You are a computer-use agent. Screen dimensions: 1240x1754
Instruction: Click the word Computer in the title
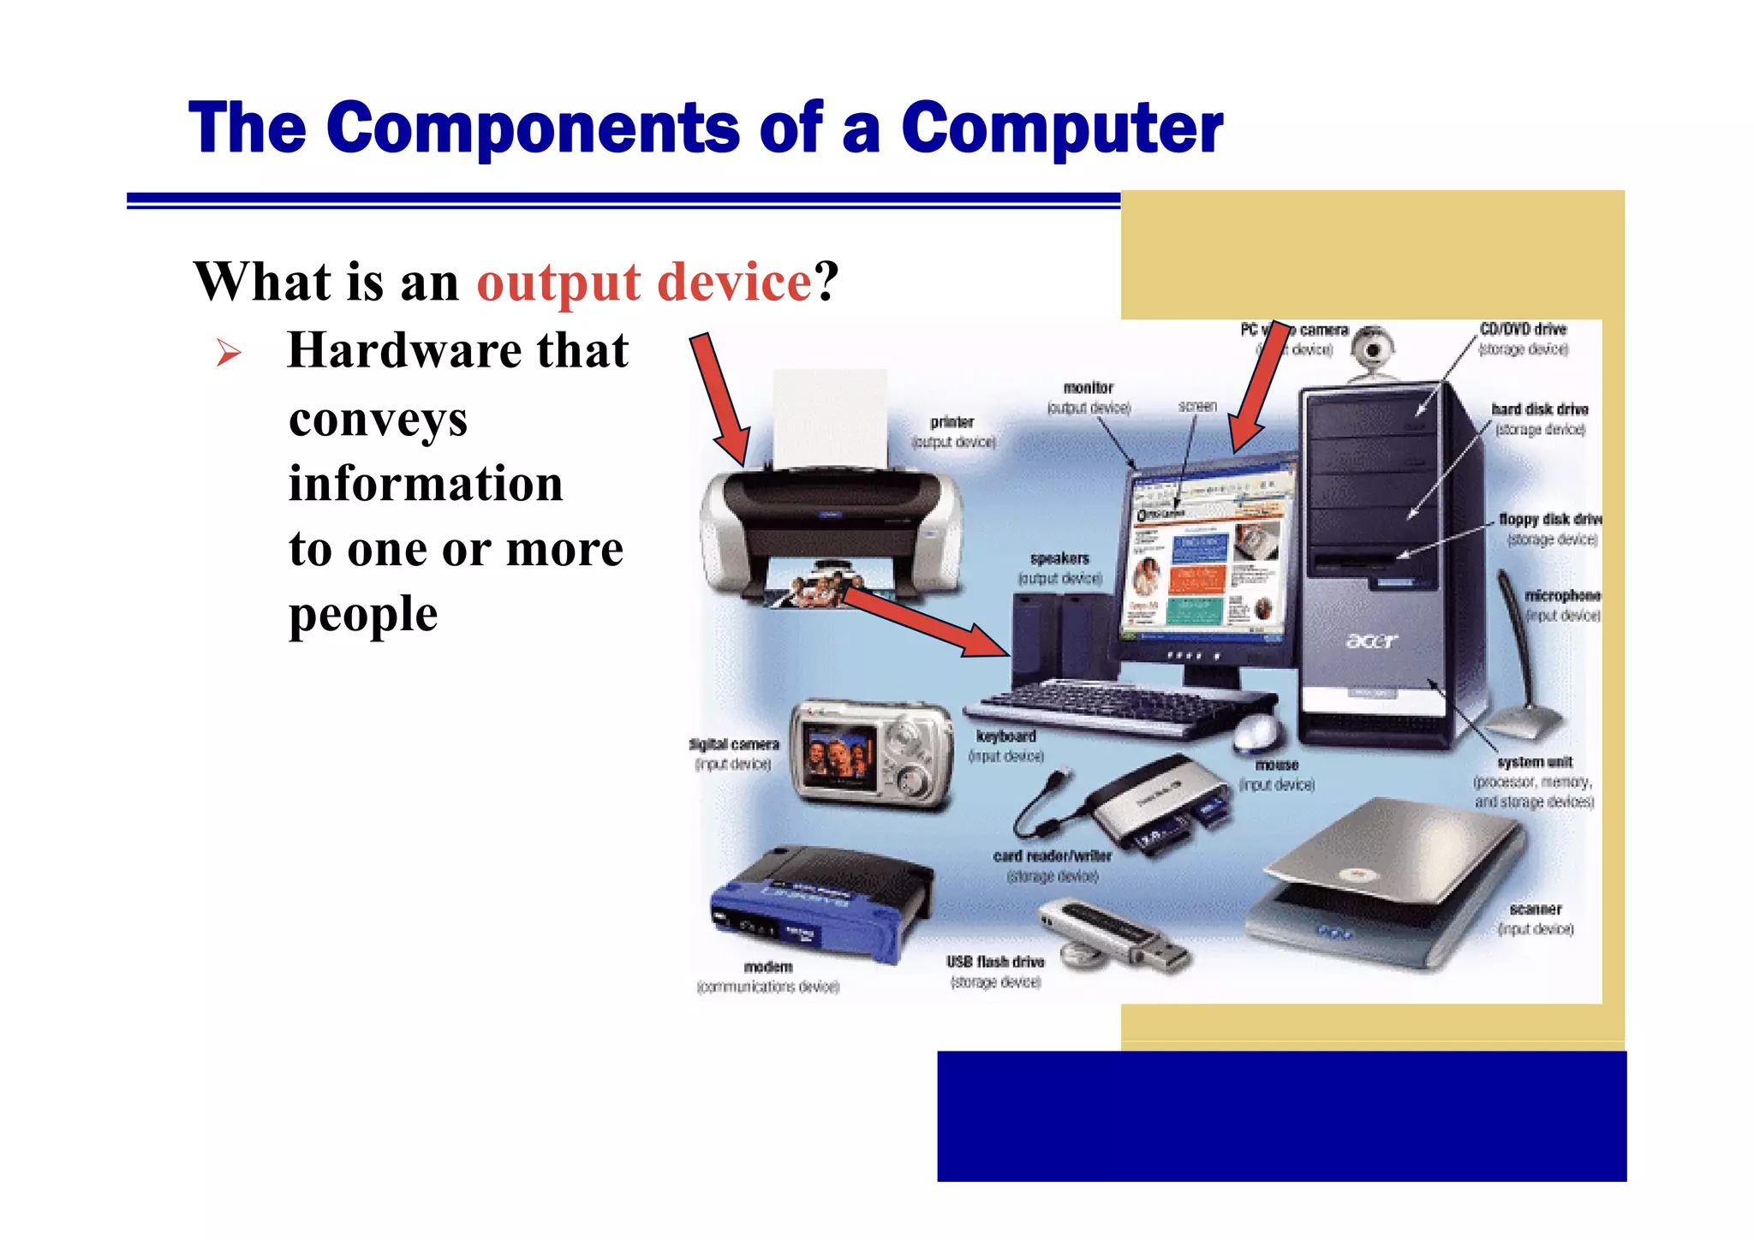1062,128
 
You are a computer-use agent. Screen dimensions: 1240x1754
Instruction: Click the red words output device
644,282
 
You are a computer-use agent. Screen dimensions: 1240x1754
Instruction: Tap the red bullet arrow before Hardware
228,352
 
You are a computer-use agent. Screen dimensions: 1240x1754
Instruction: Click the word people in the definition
363,614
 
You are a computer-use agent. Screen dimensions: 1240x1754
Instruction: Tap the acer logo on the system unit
1371,641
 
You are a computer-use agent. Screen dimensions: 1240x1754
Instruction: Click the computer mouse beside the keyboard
1257,732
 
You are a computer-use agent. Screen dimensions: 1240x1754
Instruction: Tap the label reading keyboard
1006,736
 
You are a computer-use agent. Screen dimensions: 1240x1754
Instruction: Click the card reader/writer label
1053,855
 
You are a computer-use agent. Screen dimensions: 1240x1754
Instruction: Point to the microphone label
1562,595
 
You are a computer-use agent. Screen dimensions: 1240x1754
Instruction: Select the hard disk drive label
1539,409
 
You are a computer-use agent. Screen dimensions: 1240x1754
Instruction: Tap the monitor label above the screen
1088,388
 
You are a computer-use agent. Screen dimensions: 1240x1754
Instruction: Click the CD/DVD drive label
1523,329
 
